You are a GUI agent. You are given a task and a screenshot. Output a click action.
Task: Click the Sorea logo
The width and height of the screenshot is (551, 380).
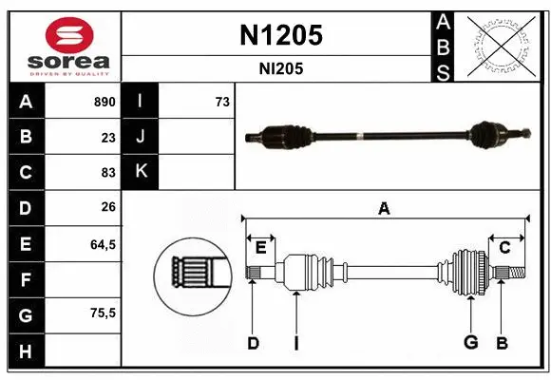[x=65, y=47]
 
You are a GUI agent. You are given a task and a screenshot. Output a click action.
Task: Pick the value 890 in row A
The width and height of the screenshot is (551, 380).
[x=104, y=102]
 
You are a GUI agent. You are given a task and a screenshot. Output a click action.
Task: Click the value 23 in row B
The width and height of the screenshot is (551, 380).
[x=108, y=137]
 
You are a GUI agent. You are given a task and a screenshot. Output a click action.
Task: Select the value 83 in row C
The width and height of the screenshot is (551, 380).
[x=108, y=172]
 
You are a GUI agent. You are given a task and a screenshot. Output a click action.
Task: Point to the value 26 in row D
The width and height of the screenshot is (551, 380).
[x=108, y=208]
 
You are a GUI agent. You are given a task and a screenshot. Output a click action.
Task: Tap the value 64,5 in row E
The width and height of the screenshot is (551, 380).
[x=103, y=244]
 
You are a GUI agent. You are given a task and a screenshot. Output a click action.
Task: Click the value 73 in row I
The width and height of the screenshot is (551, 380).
[x=222, y=102]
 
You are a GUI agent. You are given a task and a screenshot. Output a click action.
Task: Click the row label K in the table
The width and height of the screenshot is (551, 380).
[x=141, y=172]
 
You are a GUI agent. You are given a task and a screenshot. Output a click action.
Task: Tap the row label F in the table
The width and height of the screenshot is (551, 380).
[x=26, y=279]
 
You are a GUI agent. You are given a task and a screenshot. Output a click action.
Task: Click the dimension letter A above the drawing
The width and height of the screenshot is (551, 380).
[x=384, y=209]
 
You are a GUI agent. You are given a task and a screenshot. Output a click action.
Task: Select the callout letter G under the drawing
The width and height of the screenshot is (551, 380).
[x=469, y=342]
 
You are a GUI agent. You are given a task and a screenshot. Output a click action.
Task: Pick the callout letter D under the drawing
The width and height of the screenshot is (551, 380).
[x=253, y=342]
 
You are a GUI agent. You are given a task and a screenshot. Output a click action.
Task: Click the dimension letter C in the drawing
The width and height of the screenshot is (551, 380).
[x=505, y=247]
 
